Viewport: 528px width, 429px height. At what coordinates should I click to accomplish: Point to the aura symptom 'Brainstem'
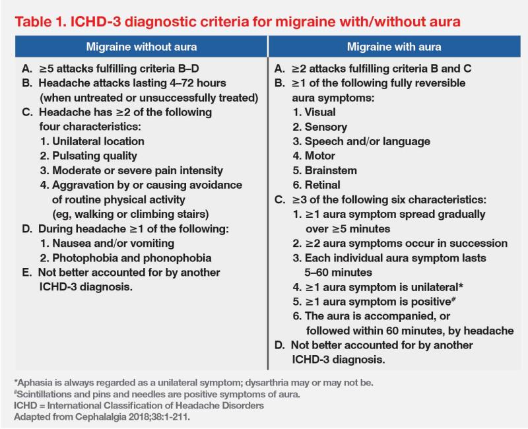pyautogui.click(x=327, y=170)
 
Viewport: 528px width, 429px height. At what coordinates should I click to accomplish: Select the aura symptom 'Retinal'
pyautogui.click(x=322, y=185)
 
